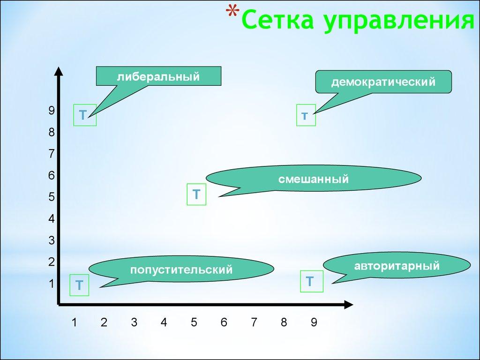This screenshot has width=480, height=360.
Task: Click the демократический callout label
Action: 383,82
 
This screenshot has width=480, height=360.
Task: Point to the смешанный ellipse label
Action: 314,179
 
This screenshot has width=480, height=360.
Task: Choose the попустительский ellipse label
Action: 181,270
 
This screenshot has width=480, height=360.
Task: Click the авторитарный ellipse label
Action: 397,266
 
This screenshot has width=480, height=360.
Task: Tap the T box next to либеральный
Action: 85,115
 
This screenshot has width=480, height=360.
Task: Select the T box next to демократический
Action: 306,115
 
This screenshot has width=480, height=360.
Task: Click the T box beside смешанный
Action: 196,194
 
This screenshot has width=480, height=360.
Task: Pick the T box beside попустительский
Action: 80,285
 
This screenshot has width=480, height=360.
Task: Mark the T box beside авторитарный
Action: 310,282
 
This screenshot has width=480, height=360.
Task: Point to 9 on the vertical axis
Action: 52,111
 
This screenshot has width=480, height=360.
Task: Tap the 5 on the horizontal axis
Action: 194,322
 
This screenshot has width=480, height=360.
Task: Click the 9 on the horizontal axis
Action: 314,322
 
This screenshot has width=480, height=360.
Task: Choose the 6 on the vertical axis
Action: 52,176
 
